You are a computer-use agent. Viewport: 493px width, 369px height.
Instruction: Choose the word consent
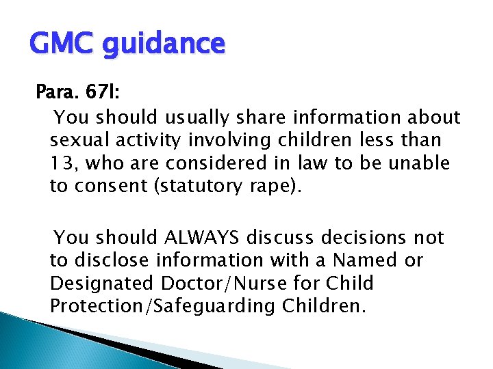[x=105, y=186]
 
